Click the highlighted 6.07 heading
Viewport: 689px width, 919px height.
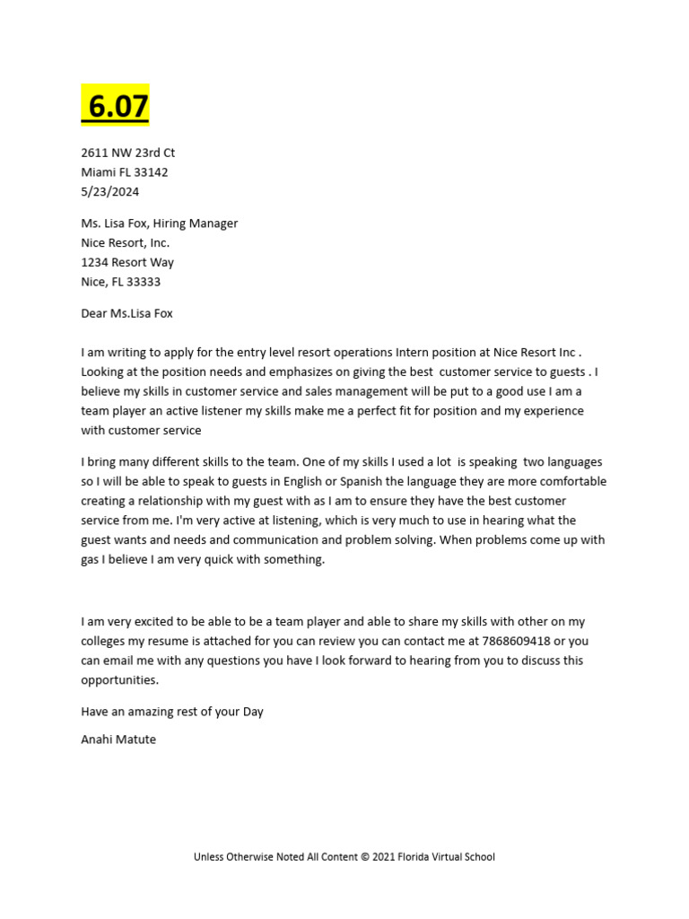[x=116, y=106]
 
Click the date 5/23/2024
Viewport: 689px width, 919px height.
[x=110, y=191]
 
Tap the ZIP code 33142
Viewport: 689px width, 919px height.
[x=150, y=172]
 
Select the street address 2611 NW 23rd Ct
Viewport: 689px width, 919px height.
[x=127, y=153]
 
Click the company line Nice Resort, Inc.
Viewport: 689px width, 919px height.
[x=125, y=242]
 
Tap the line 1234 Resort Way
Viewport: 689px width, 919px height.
[x=127, y=262]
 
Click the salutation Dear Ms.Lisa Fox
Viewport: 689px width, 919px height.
[x=126, y=313]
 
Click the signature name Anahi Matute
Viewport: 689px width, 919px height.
[x=118, y=740]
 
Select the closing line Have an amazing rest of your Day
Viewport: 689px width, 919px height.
[x=172, y=712]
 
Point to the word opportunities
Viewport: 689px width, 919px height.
[x=119, y=680]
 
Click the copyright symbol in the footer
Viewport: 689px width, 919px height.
[x=365, y=857]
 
